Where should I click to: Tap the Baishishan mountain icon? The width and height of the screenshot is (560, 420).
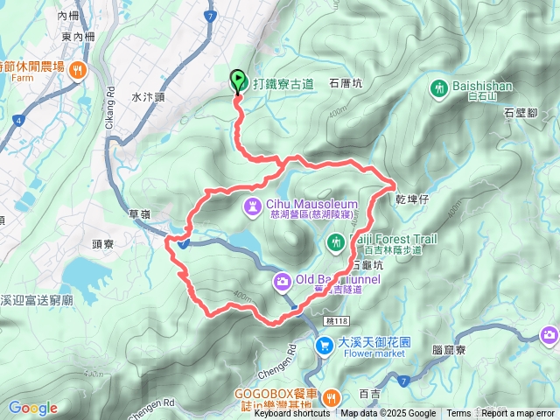pyautogui.click(x=440, y=87)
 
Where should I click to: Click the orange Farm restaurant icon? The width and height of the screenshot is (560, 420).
pyautogui.click(x=79, y=69)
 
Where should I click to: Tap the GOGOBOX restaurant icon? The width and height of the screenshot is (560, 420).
pyautogui.click(x=331, y=398)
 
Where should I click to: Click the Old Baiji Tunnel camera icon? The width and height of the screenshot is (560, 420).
pyautogui.click(x=283, y=281)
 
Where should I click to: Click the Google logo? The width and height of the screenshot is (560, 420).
pyautogui.click(x=33, y=408)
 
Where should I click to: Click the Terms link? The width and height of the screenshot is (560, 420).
pyautogui.click(x=458, y=414)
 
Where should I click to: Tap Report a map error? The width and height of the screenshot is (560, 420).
pyautogui.click(x=518, y=414)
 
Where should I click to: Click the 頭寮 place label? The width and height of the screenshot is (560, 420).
pyautogui.click(x=102, y=247)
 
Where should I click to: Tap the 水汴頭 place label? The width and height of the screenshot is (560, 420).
pyautogui.click(x=148, y=98)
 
